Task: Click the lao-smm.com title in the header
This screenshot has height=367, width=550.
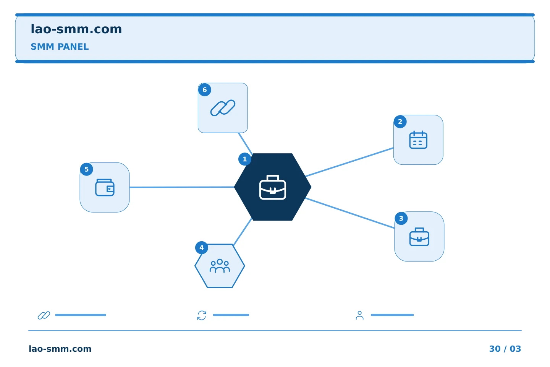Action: pyautogui.click(x=76, y=29)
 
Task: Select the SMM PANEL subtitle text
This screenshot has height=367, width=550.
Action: pyautogui.click(x=60, y=47)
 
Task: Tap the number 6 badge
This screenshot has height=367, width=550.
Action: pyautogui.click(x=205, y=90)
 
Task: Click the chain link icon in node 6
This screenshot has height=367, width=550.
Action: pyautogui.click(x=223, y=108)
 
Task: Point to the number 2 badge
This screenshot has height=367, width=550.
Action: pyautogui.click(x=400, y=122)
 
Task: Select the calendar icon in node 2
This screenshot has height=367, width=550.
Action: pyautogui.click(x=418, y=140)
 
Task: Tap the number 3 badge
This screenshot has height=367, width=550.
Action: pyautogui.click(x=401, y=218)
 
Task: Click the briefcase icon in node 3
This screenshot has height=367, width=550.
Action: pyautogui.click(x=419, y=237)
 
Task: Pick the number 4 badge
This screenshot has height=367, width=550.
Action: pyautogui.click(x=202, y=248)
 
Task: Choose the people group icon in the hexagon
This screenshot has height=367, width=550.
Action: pyautogui.click(x=220, y=266)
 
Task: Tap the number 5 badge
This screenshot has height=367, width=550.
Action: pyautogui.click(x=86, y=169)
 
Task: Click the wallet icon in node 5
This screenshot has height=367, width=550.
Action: pyautogui.click(x=105, y=188)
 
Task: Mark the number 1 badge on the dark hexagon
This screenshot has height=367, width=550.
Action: pyautogui.click(x=244, y=159)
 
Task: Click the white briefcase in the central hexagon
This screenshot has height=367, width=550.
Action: pyautogui.click(x=273, y=187)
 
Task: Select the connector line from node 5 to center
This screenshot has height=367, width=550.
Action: pyautogui.click(x=182, y=187)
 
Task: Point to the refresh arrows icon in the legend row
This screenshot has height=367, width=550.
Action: pyautogui.click(x=202, y=315)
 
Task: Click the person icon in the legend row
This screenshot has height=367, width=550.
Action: pyautogui.click(x=359, y=315)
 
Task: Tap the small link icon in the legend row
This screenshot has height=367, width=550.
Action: pyautogui.click(x=44, y=315)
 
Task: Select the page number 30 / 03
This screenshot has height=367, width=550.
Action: pyautogui.click(x=505, y=349)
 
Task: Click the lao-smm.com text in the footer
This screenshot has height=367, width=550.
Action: pyautogui.click(x=60, y=349)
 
